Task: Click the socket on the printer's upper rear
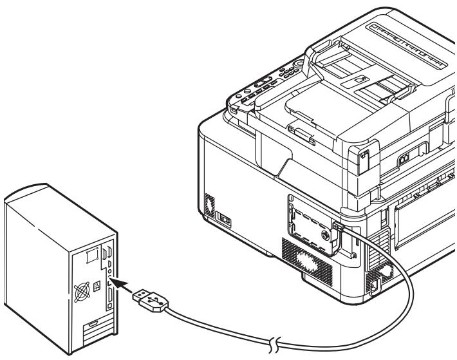[404, 157]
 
